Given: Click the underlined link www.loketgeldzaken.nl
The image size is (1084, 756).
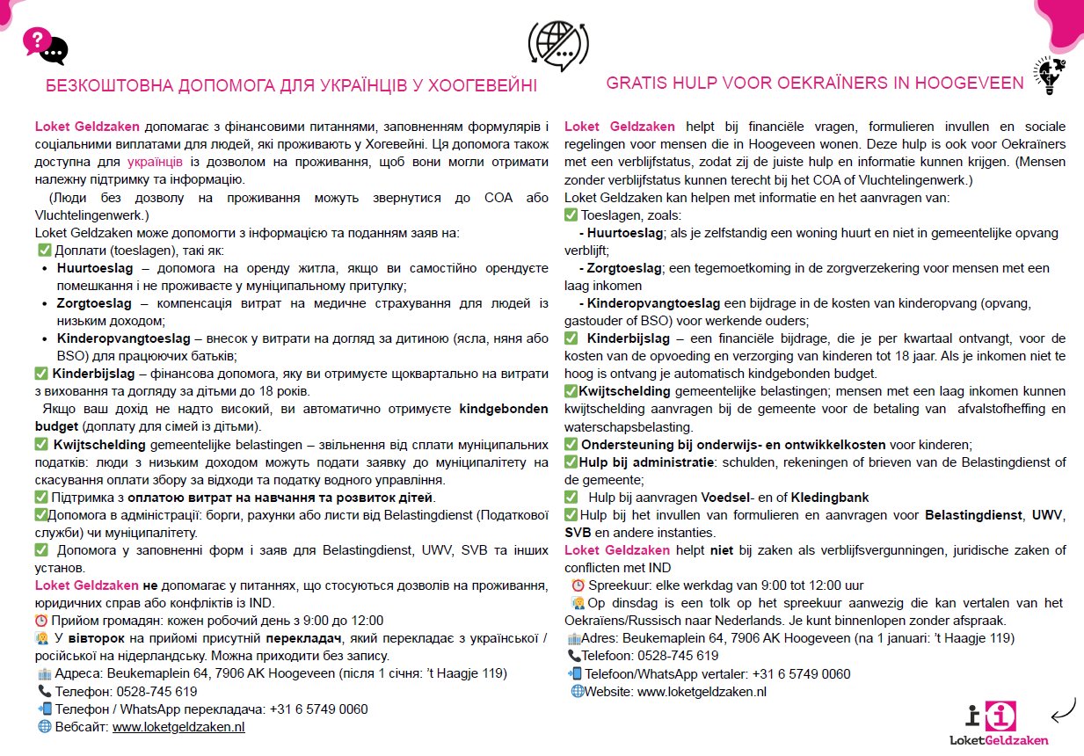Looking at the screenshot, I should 178,727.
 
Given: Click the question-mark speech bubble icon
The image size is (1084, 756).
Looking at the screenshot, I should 44,46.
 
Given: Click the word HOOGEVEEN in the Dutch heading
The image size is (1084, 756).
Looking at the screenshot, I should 969,84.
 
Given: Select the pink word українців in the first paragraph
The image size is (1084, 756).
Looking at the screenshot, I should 155,162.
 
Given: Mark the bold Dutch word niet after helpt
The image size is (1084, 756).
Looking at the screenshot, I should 723,550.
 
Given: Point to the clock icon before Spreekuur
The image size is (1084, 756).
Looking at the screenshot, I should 578,585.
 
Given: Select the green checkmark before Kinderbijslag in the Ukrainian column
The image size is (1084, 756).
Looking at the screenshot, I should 40,374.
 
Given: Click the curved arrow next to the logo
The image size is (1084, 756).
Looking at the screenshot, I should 1063,708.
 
